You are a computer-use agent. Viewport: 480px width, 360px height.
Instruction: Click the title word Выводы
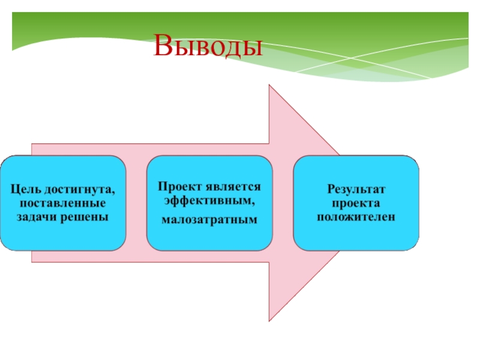pos(208,46)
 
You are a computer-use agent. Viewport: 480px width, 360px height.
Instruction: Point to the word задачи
pos(36,215)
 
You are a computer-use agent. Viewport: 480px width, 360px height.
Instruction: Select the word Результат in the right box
pos(356,189)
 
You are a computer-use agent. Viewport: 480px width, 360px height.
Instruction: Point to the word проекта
pos(356,202)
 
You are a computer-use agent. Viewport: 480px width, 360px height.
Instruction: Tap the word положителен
pos(356,215)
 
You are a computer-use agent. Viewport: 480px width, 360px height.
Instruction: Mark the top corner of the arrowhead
pos(269,85)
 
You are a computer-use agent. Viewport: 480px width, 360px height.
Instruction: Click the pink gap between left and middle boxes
pos(136,203)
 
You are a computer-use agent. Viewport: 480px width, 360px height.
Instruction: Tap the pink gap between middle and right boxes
pos(283,203)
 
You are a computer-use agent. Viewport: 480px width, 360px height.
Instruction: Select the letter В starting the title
pos(163,46)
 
